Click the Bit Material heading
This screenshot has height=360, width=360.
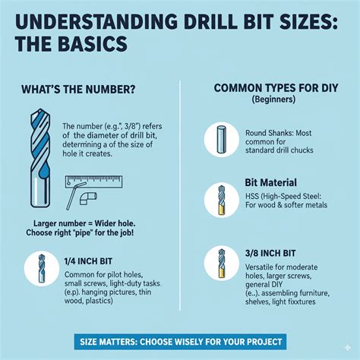point(271,182)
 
